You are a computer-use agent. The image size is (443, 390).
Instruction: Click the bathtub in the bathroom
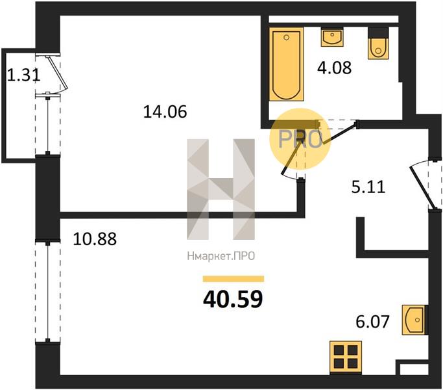pos(286,64)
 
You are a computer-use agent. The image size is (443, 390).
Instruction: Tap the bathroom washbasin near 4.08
pos(332,37)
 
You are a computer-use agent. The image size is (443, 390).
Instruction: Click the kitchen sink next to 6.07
pos(413,320)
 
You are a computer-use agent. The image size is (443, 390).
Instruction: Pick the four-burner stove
pos(346,357)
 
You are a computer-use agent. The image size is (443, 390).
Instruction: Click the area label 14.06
pos(165,111)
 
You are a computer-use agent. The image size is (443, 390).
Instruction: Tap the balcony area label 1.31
pos(23,75)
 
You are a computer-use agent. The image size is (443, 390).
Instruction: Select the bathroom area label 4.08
pos(334,68)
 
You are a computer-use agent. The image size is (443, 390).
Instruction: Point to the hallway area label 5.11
pos(368,187)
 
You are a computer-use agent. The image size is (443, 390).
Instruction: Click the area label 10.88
pos(95,239)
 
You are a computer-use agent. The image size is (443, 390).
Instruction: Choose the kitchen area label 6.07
pos(372,321)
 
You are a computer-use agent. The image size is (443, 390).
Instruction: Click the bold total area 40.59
pos(233,300)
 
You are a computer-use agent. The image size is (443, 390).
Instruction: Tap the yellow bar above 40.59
pos(233,279)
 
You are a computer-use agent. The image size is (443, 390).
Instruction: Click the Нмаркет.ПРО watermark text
pos(221,256)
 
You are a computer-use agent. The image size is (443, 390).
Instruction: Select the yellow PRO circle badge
pos(300,139)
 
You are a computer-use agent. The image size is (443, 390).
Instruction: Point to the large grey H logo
pos(221,189)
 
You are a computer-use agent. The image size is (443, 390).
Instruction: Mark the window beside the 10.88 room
pos(48,291)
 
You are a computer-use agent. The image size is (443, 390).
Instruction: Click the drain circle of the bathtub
pos(286,38)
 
